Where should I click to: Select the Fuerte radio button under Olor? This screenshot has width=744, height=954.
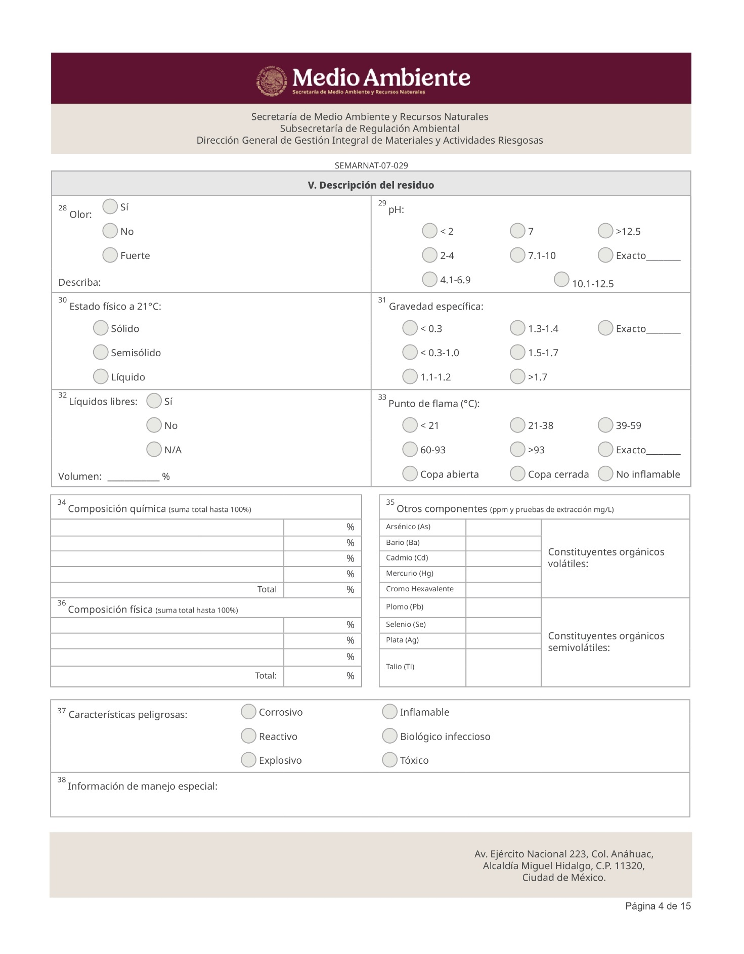tap(110, 255)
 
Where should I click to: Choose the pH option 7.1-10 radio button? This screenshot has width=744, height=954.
tap(517, 255)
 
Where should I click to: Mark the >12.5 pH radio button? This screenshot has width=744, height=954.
tap(605, 231)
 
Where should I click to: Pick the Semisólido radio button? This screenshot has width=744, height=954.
tap(101, 352)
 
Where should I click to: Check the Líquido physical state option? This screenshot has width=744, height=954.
tap(101, 376)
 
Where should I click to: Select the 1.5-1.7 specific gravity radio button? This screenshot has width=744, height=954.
tap(517, 352)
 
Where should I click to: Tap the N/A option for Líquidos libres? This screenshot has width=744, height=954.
tap(154, 449)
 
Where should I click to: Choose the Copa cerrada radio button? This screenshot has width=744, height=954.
tap(517, 473)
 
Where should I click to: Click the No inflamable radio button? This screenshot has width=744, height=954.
tap(605, 473)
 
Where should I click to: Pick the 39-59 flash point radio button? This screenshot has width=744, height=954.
tap(605, 425)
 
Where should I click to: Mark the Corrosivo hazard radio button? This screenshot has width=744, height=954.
tap(248, 712)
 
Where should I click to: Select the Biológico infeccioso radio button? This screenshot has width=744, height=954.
tap(389, 736)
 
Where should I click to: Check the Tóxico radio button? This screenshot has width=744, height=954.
tap(389, 760)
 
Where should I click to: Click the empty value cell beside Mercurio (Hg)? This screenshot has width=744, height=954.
tap(503, 574)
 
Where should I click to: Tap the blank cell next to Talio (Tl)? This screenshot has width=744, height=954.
tap(503, 667)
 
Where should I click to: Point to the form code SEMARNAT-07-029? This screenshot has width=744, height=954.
tap(371, 165)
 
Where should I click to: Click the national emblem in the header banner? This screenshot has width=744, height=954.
tap(272, 80)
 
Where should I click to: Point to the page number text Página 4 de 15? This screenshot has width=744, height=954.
tap(658, 906)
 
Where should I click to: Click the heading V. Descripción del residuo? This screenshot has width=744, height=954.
tap(371, 185)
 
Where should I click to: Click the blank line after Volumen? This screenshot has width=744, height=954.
tap(134, 477)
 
